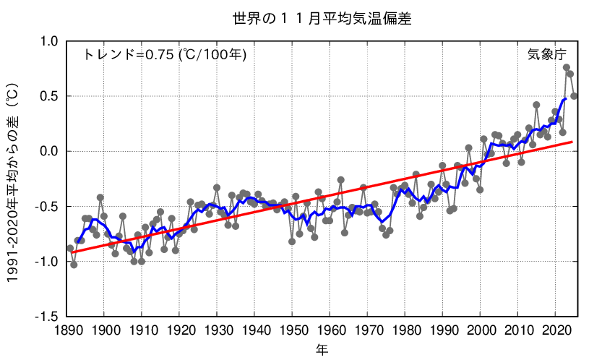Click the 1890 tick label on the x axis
[x=66, y=331]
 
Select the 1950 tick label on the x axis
[x=292, y=331]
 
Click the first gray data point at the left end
[x=70, y=248]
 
